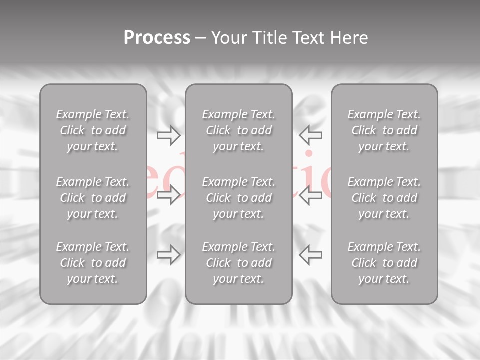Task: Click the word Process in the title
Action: (x=157, y=38)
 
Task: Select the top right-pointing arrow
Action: (x=169, y=135)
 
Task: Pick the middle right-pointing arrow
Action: (x=169, y=195)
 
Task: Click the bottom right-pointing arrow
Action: (x=169, y=255)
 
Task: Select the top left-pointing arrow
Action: (x=310, y=135)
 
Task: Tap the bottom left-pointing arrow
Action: (x=310, y=255)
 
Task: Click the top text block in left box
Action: (x=93, y=130)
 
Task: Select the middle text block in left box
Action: (x=93, y=198)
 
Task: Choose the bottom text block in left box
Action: (x=93, y=263)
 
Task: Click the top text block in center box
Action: (x=239, y=130)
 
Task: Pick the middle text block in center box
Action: (x=239, y=198)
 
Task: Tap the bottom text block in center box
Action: (x=239, y=263)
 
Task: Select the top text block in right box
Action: (x=384, y=130)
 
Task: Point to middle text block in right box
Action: (x=384, y=198)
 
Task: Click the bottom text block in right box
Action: (x=384, y=263)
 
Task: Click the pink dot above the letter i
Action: (x=309, y=154)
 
